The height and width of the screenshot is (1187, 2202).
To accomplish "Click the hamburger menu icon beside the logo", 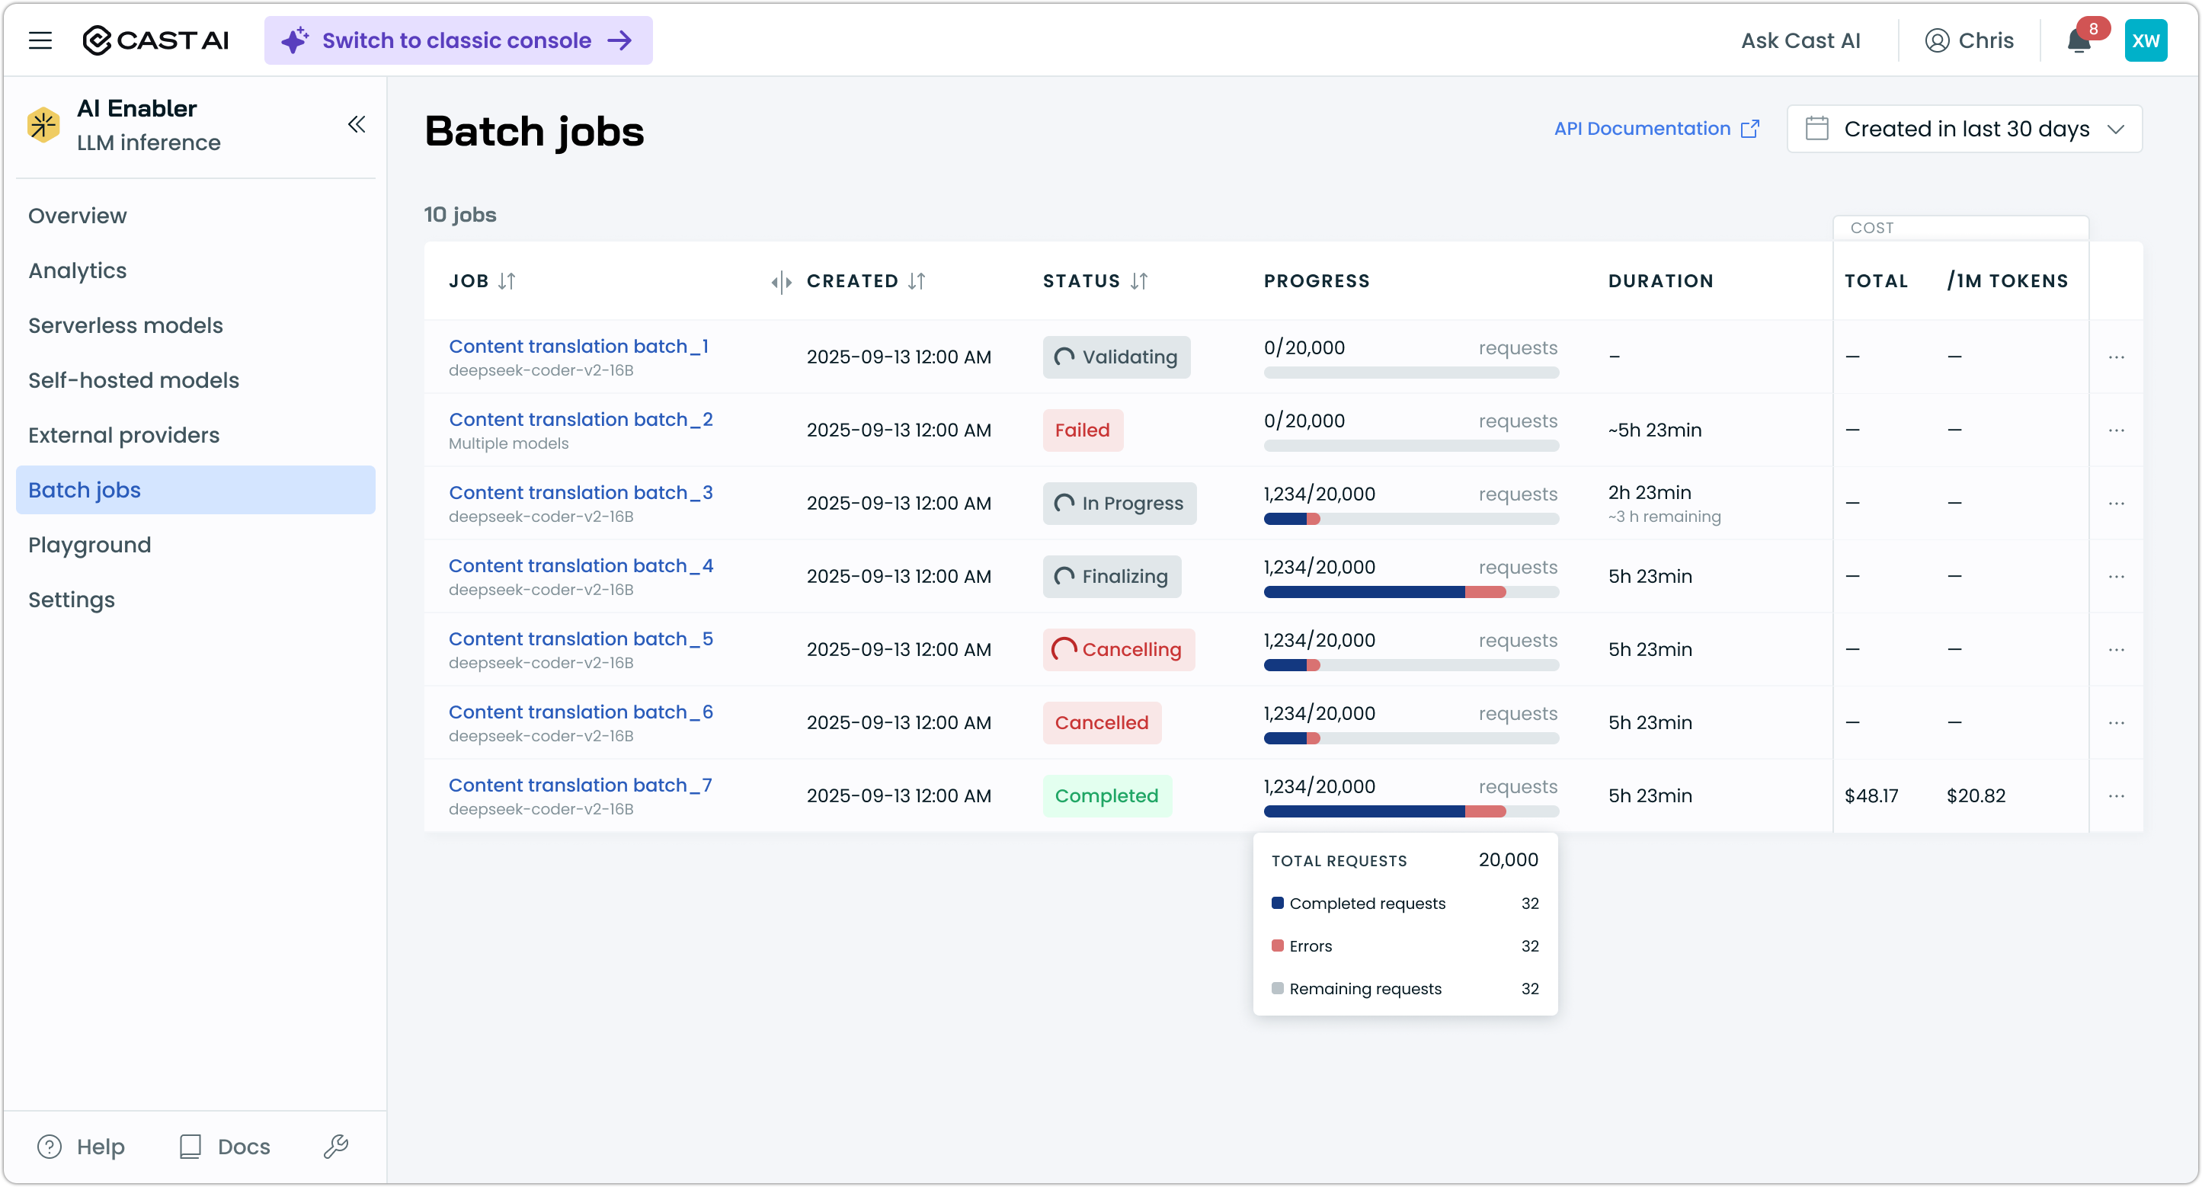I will (x=40, y=40).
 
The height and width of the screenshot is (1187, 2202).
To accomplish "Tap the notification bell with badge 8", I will (x=2079, y=41).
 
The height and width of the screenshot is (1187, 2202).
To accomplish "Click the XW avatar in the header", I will (x=2146, y=40).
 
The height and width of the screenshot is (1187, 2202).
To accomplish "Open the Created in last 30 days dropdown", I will (x=1964, y=129).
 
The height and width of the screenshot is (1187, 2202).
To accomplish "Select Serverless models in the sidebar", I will (x=126, y=325).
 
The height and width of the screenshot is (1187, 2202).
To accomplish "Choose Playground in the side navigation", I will (x=90, y=546).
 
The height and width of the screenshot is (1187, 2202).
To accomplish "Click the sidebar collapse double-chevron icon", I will (x=357, y=125).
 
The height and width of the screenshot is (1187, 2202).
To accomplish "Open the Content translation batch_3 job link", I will (x=581, y=493).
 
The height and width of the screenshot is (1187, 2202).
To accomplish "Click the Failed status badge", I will (x=1082, y=430).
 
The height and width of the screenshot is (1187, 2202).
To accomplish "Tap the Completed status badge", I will (x=1106, y=796).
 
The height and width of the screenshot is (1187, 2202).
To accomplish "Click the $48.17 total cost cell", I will (x=1871, y=796).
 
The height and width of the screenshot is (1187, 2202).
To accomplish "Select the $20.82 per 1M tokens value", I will (x=1976, y=796).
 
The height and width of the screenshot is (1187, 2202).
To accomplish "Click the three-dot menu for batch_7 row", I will (x=2117, y=796).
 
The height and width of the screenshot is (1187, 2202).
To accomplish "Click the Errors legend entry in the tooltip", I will (x=1311, y=946).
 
